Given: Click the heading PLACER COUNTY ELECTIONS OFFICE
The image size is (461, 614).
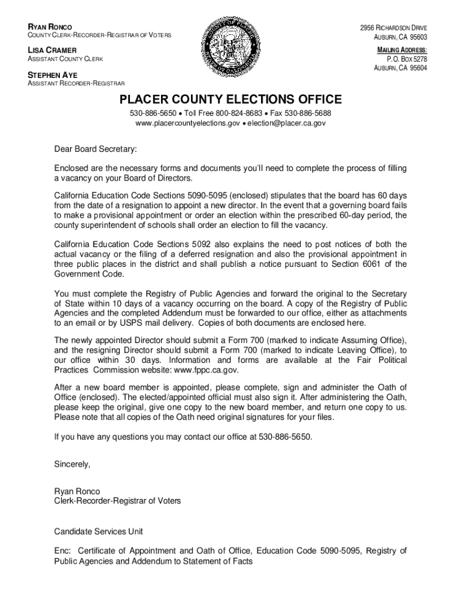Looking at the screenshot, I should click(x=230, y=100).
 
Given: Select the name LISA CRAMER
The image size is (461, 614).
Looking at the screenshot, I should click(x=43, y=50).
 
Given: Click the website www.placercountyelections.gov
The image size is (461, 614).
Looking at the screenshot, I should click(x=188, y=123).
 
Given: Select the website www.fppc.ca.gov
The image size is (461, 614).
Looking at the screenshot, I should click(x=208, y=370).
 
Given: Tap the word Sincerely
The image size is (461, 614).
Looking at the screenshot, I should click(x=72, y=464).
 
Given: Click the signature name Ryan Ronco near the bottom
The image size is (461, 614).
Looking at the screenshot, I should click(x=77, y=491).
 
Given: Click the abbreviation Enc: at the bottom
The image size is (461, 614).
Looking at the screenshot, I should click(x=63, y=550).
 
